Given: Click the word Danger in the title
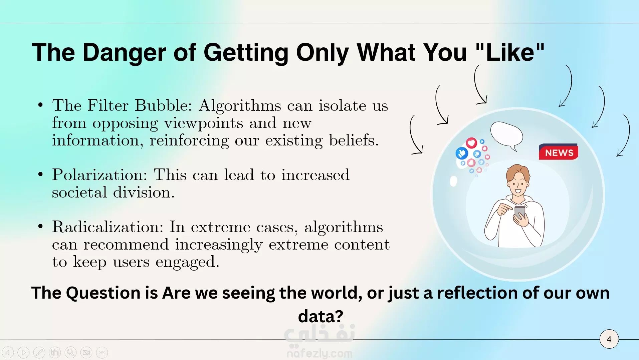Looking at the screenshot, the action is [124, 52].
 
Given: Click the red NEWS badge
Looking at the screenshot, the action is [559, 152].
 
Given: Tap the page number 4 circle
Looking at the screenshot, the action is [609, 339].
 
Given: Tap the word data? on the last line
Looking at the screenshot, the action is [321, 316].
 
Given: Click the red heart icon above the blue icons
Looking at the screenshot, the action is [471, 143].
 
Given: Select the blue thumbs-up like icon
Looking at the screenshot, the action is [462, 153].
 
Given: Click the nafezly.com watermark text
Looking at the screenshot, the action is [319, 353].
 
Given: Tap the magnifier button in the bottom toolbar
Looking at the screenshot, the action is [70, 352].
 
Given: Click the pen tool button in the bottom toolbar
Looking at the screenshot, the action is [39, 352].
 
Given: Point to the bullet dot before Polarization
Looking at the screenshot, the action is [41, 174].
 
